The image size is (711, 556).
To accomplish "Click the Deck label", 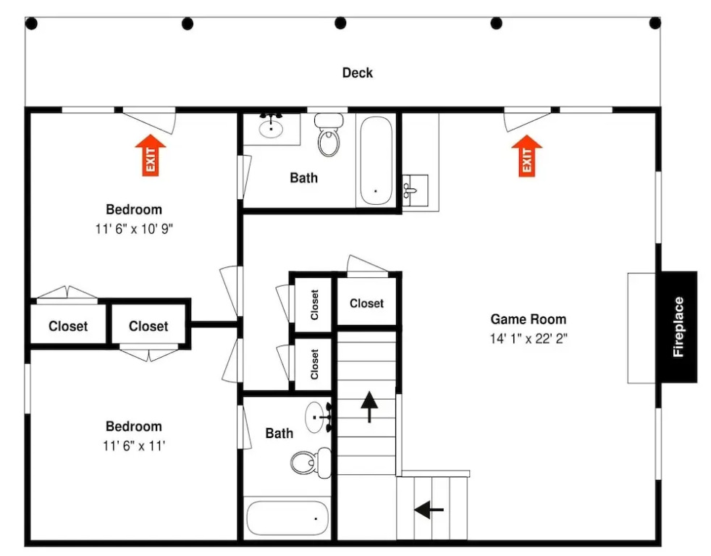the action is [x=358, y=72].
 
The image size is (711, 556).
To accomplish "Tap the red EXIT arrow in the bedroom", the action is [x=151, y=155].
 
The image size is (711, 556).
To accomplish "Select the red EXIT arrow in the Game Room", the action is [x=526, y=156].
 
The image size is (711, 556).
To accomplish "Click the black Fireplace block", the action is [x=679, y=327].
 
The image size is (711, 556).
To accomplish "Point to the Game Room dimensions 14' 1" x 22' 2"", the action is [x=529, y=339].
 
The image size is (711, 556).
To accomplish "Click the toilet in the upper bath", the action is [x=329, y=135].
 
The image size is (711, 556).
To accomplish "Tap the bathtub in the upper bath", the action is [x=376, y=161].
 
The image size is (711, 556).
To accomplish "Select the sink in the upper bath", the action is [x=272, y=127].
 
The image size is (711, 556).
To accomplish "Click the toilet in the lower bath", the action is [x=311, y=462].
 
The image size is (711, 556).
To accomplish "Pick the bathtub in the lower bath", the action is [x=287, y=518].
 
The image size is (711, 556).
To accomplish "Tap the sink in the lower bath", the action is [x=319, y=417].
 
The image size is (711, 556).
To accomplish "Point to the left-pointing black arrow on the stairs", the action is [x=429, y=510].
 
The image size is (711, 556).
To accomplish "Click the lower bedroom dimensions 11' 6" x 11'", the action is [x=134, y=446].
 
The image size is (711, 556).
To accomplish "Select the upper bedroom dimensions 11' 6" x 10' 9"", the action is [x=134, y=229].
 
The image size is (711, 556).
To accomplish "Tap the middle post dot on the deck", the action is [x=340, y=22].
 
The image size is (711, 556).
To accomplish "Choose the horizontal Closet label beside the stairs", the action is [x=366, y=303].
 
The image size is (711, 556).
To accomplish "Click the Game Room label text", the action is [x=529, y=319].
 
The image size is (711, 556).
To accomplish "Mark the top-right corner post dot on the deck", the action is [x=655, y=22].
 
